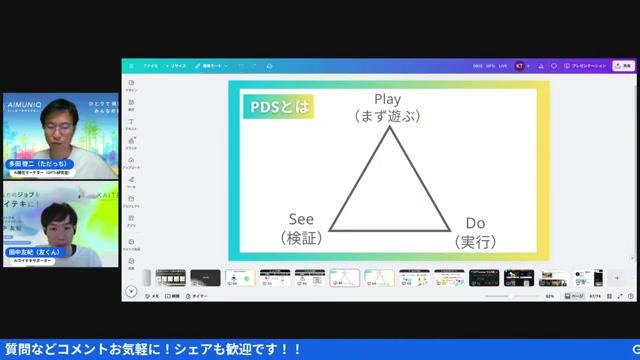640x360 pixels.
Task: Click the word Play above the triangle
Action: pyautogui.click(x=387, y=99)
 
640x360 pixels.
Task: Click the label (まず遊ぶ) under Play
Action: pyautogui.click(x=387, y=116)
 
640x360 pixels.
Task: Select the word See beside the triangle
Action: pyautogui.click(x=301, y=218)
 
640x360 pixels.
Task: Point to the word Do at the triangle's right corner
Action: pyautogui.click(x=476, y=224)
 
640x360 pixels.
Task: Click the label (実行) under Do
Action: pyautogui.click(x=476, y=242)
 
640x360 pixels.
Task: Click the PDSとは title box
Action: pyautogui.click(x=278, y=105)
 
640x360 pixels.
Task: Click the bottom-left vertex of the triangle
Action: pyautogui.click(x=331, y=229)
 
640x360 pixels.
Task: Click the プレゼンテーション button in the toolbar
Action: pyautogui.click(x=588, y=66)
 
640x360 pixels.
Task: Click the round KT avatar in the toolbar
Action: pyautogui.click(x=517, y=66)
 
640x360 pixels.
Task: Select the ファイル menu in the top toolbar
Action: pyautogui.click(x=151, y=66)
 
